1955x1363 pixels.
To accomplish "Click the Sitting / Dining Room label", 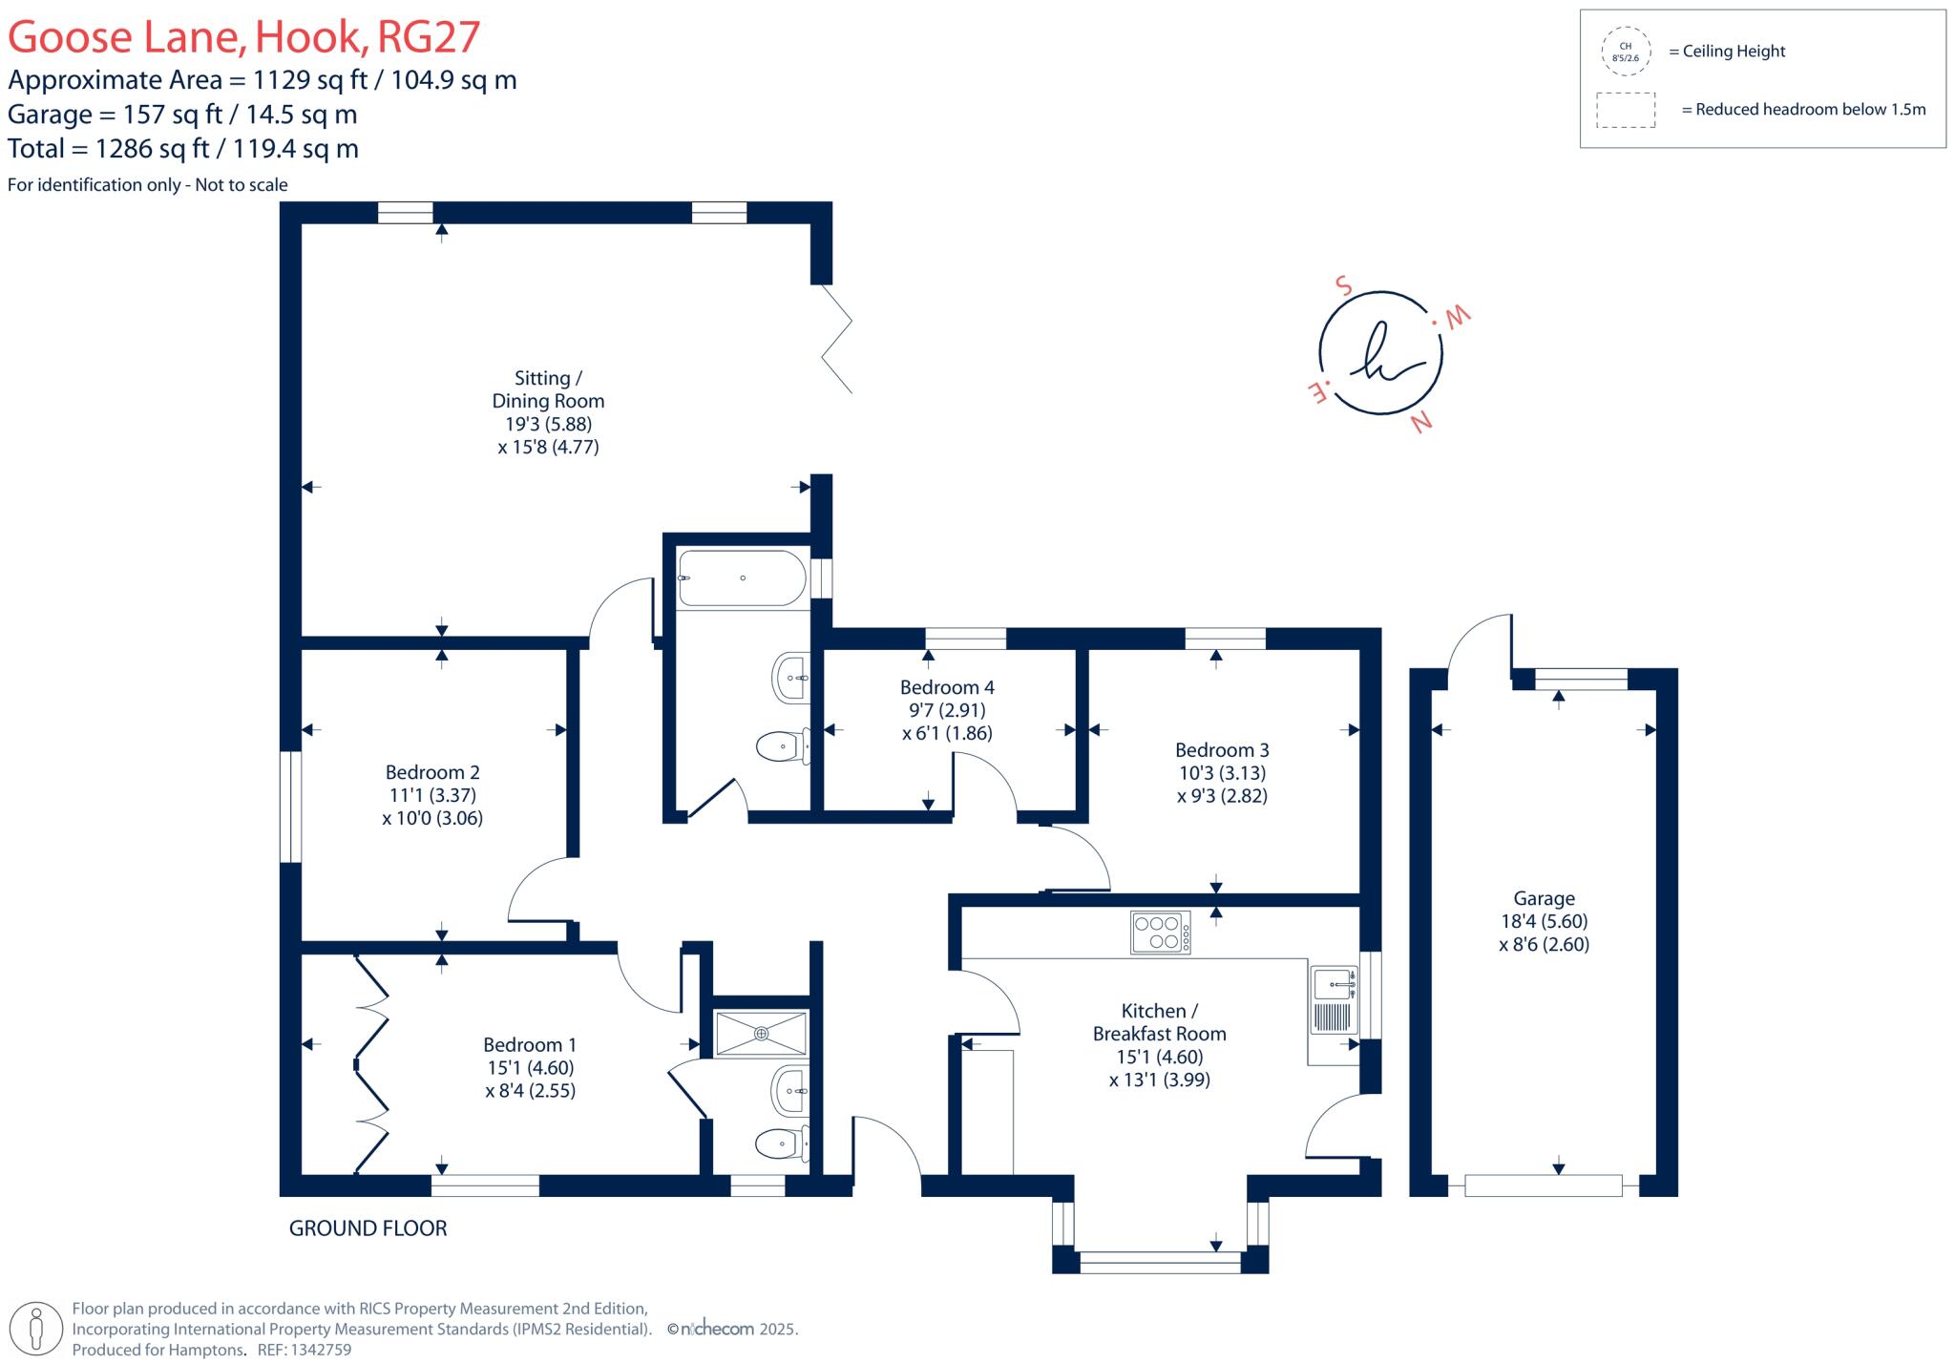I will pyautogui.click(x=548, y=389).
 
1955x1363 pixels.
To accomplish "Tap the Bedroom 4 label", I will pyautogui.click(x=947, y=687).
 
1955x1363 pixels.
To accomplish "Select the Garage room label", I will pyautogui.click(x=1544, y=898).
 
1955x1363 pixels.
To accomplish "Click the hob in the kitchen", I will pyautogui.click(x=1160, y=933).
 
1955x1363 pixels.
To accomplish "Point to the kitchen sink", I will pyautogui.click(x=1335, y=983).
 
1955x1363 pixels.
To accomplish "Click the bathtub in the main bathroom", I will pyautogui.click(x=742, y=577).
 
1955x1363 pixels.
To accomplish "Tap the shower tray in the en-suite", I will pyautogui.click(x=761, y=1034).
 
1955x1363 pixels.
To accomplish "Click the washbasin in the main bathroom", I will pyautogui.click(x=791, y=678).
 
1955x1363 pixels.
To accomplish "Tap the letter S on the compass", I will pyautogui.click(x=1343, y=285).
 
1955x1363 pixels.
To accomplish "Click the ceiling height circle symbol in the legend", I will pyautogui.click(x=1625, y=52).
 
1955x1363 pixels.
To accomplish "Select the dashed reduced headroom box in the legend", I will pyautogui.click(x=1625, y=110).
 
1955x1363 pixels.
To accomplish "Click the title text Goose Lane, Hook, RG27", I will pyautogui.click(x=243, y=37).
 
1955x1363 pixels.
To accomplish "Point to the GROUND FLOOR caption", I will pyautogui.click(x=368, y=1228).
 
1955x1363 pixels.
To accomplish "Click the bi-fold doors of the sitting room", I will pyautogui.click(x=836, y=339).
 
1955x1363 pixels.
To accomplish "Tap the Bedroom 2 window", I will pyautogui.click(x=290, y=807).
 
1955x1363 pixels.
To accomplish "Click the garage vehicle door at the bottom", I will pyautogui.click(x=1543, y=1186).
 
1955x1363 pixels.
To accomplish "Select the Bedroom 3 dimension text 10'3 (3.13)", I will pyautogui.click(x=1222, y=773).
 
